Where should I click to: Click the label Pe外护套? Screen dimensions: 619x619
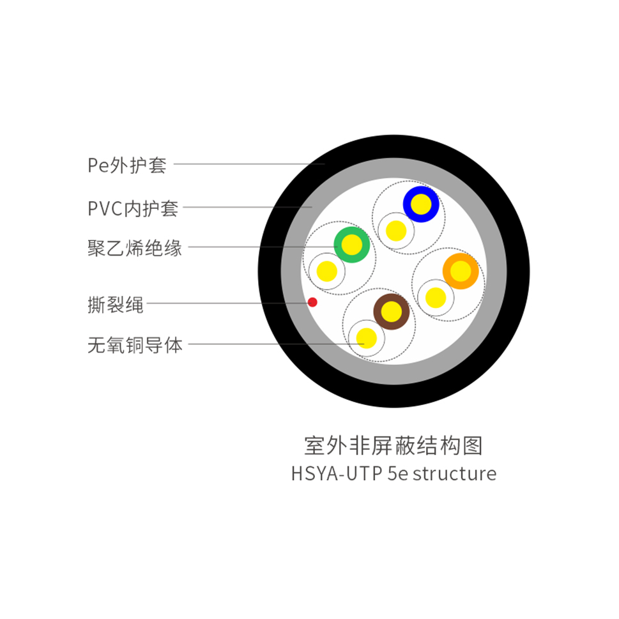[x=126, y=165]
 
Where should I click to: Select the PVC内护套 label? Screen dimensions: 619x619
[x=133, y=208]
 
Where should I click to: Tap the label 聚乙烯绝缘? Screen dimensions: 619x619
[x=135, y=248]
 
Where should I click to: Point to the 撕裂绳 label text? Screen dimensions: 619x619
[x=115, y=305]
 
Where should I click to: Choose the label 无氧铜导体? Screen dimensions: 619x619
[x=135, y=346]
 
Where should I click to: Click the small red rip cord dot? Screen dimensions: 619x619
[x=312, y=302]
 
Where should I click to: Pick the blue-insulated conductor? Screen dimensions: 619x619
[x=421, y=204]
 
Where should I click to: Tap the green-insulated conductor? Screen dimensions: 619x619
[x=351, y=245]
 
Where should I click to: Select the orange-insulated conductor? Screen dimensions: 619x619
[x=460, y=271]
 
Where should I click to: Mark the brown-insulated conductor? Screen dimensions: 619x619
[x=391, y=312]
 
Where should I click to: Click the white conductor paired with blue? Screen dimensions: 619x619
[x=396, y=230]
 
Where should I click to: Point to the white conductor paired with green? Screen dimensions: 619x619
[x=326, y=271]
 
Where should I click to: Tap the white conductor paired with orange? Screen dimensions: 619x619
[x=435, y=297]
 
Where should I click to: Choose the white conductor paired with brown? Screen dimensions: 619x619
[x=366, y=338]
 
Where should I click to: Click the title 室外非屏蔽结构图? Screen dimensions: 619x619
[x=393, y=445]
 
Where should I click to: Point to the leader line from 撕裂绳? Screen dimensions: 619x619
[x=227, y=303]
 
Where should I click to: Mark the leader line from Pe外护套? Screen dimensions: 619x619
[x=249, y=164]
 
